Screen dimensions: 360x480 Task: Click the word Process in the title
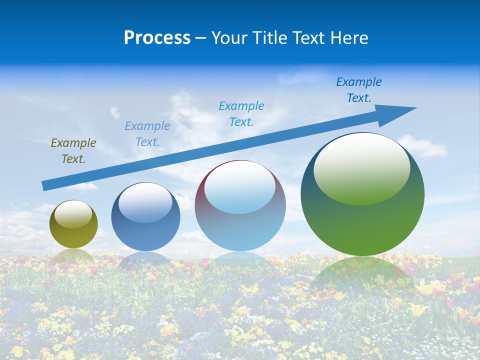point(157,38)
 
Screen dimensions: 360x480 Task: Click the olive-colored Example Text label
point(73,151)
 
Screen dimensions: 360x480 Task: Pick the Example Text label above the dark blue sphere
point(147,134)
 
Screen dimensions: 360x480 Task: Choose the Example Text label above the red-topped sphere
point(241,114)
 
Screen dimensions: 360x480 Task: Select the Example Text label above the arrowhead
point(359,90)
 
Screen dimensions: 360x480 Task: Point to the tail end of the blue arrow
point(44,186)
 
